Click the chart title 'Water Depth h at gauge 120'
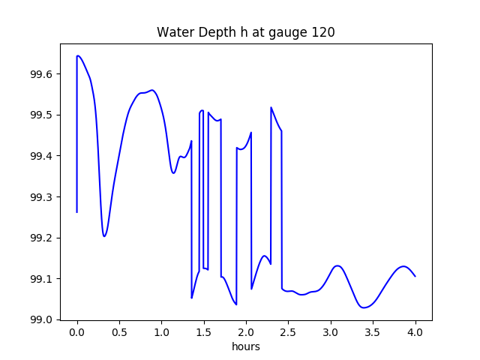[246, 33]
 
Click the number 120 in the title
[323, 33]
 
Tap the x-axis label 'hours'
[246, 347]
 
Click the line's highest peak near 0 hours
[78, 56]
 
